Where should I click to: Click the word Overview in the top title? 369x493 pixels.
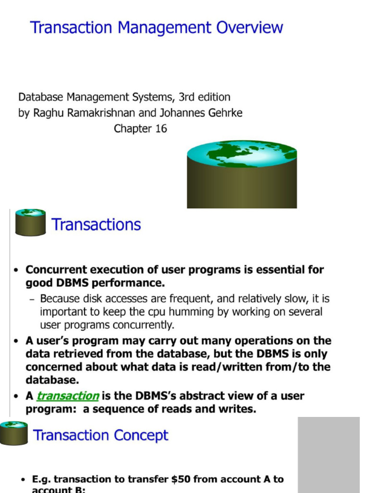point(249,27)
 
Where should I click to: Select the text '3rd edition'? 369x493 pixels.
point(204,97)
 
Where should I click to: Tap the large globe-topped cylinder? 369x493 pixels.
point(242,176)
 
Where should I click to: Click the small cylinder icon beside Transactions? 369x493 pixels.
point(30,222)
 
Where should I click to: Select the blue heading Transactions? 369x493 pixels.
point(96,225)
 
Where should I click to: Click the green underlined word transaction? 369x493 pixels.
point(68,396)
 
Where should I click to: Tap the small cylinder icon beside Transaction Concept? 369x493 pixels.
point(13,432)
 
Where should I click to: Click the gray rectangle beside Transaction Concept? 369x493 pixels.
point(329,454)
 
